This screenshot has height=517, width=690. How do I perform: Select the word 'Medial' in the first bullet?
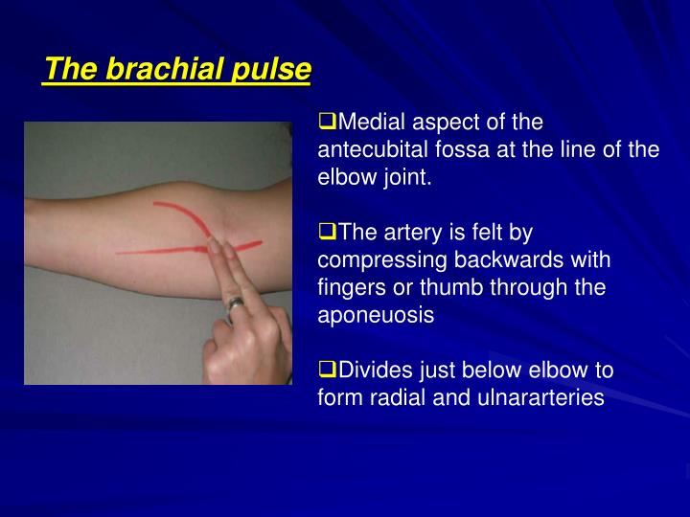371,123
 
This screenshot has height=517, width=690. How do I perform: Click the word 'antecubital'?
369,150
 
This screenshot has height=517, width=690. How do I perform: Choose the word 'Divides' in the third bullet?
373,371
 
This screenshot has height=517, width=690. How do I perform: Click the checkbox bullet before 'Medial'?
326,123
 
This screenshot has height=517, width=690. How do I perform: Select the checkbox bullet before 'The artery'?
326,233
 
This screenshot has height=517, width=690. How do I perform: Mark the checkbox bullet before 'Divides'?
326,371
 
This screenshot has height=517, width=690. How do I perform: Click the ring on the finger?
235,305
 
